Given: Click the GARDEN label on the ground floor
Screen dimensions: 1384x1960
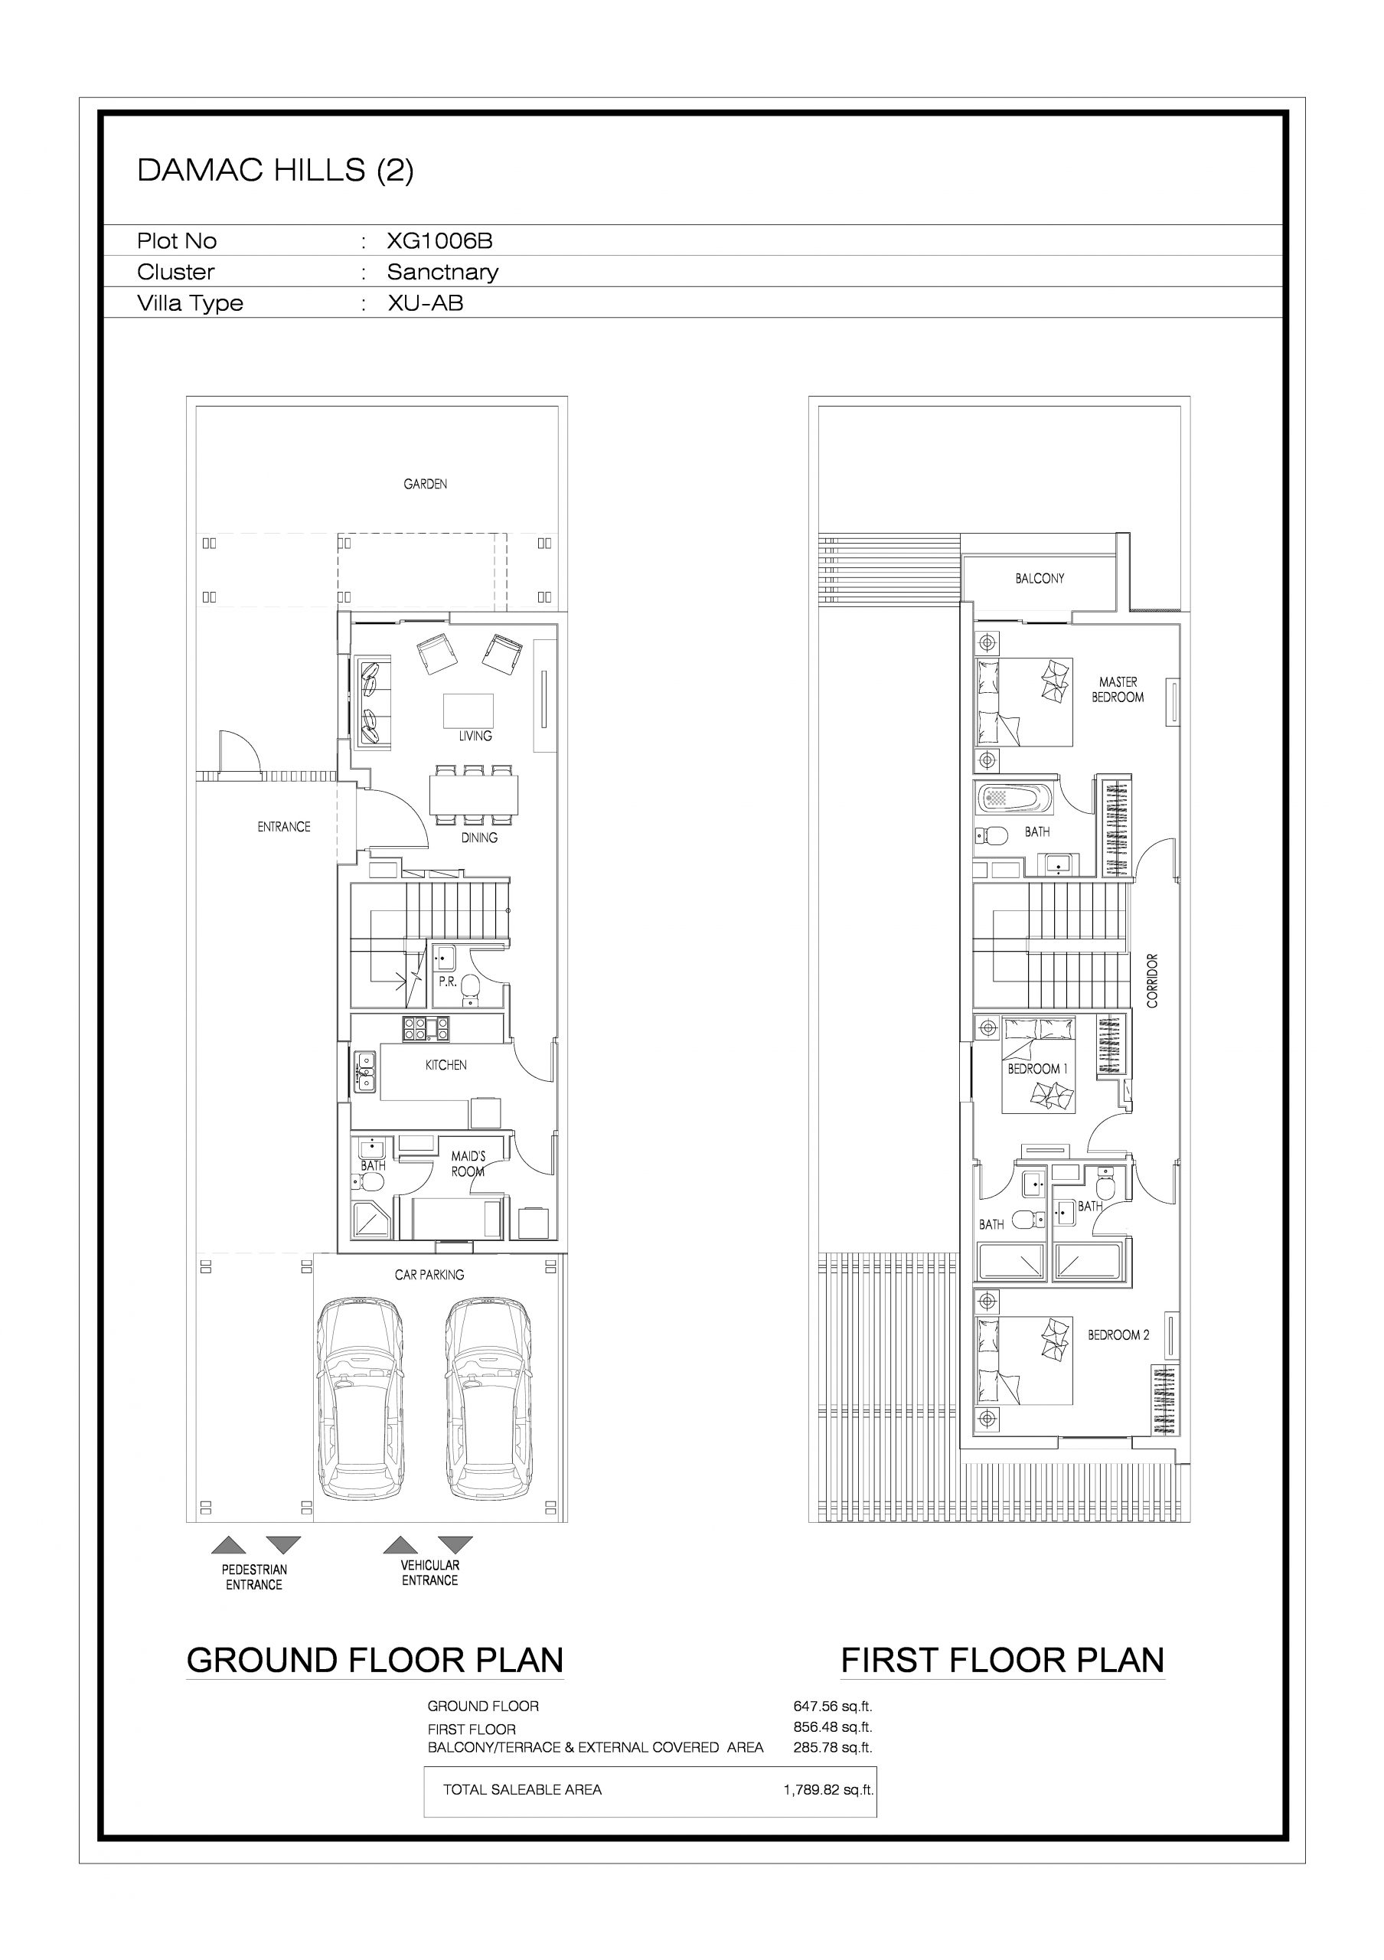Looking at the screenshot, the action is (425, 484).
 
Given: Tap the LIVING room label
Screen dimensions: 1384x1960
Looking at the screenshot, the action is (475, 736).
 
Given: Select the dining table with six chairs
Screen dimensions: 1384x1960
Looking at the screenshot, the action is (474, 795).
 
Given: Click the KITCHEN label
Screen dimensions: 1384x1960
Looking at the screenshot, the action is (446, 1065).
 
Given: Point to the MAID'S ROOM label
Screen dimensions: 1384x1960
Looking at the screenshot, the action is (468, 1164).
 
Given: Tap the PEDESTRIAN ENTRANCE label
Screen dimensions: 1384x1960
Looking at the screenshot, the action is (254, 1576).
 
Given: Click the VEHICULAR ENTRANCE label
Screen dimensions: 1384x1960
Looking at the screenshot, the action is (430, 1573).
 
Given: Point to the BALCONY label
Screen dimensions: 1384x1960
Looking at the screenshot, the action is (1040, 579).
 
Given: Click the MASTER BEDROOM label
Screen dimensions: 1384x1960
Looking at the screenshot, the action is (1118, 690).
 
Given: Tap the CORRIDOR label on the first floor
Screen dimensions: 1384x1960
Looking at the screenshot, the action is (1153, 981).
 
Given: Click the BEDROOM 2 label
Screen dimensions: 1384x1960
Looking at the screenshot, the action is (1118, 1335).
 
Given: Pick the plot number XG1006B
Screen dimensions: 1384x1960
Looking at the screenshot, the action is (439, 240).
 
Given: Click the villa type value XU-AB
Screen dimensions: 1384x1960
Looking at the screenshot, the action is (425, 303).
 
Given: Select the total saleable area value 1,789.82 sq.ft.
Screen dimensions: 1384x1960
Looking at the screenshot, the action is (828, 1790).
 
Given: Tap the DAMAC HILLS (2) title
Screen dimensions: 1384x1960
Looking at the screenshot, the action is (276, 171).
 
